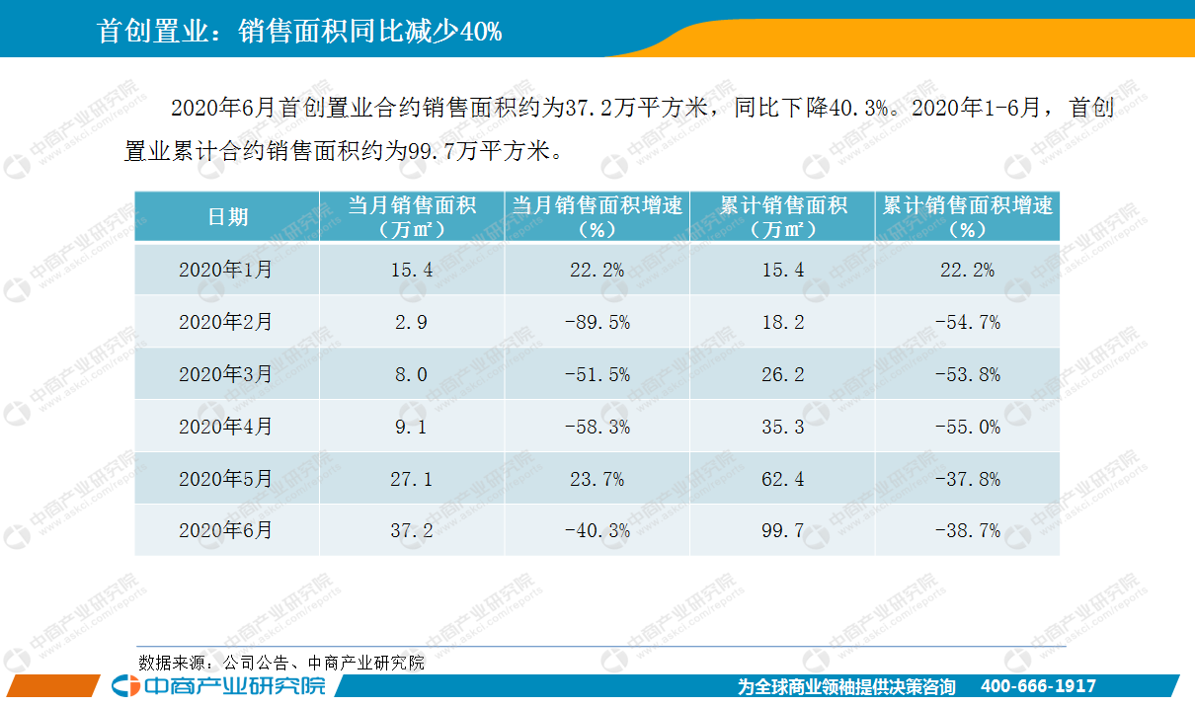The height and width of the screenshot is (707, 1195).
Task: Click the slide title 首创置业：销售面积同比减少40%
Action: [300, 32]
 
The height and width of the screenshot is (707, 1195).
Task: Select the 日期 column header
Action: [227, 217]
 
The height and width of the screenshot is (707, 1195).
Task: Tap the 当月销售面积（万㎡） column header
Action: [412, 217]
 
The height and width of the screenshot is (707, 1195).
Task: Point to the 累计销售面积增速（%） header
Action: [967, 217]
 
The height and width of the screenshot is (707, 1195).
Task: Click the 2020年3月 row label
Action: [226, 374]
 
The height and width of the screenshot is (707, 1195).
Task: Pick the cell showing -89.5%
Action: [597, 322]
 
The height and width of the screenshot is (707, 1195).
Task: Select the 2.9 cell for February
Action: [411, 322]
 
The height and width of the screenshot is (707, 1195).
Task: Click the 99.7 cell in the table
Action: [783, 531]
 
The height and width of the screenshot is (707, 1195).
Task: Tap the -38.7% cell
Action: [967, 531]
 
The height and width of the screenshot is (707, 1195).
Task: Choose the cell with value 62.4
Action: [783, 479]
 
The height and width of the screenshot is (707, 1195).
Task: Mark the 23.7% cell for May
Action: [597, 479]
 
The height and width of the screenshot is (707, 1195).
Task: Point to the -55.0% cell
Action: [967, 427]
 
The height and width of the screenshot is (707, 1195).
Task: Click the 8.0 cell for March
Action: [411, 374]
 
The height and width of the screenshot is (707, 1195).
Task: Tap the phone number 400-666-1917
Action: [1038, 686]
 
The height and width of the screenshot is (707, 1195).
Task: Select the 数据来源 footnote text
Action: [281, 663]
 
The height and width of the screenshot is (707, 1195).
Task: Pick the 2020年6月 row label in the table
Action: [226, 531]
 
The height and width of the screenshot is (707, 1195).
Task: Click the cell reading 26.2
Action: [783, 374]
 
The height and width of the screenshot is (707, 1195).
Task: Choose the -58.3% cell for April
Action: [597, 427]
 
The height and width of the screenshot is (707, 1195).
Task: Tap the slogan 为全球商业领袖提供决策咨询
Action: [846, 686]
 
